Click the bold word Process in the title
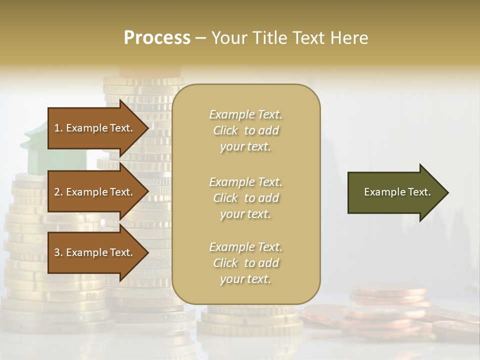point(157,38)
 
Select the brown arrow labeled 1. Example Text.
point(95,128)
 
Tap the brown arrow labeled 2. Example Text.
point(95,192)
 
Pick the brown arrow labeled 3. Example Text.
point(95,253)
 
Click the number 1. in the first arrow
point(58,128)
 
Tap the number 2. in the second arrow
point(58,192)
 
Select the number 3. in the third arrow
point(58,253)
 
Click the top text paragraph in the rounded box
point(245,130)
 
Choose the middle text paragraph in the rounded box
point(245,198)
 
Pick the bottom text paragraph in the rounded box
point(245,263)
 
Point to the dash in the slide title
point(200,38)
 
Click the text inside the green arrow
point(397,192)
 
